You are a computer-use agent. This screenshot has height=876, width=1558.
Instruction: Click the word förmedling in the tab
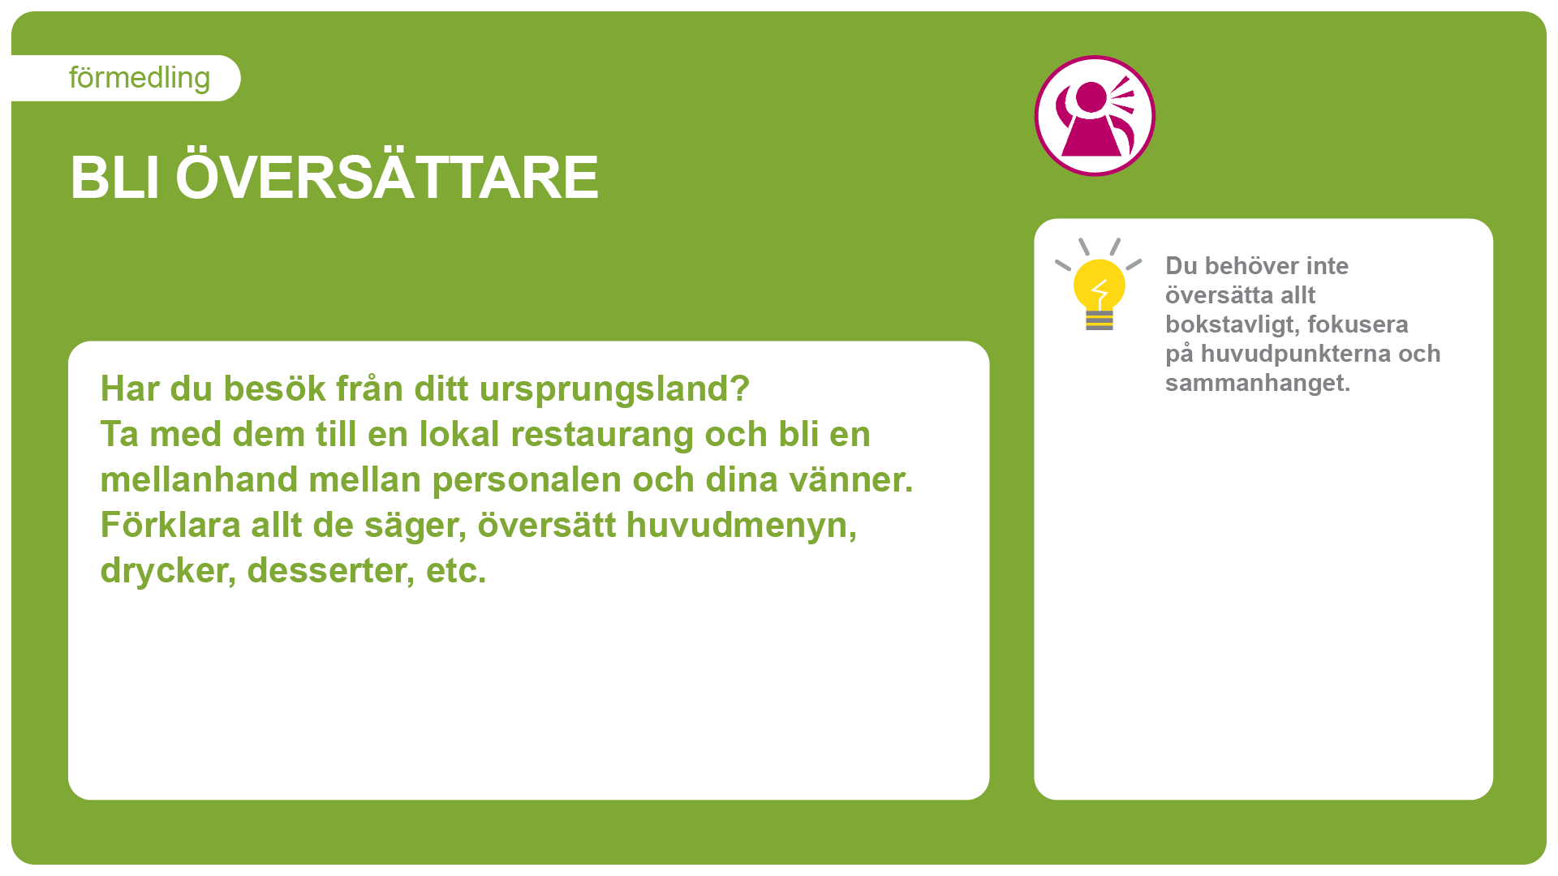pos(140,79)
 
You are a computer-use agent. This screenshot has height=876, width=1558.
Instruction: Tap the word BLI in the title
pos(114,178)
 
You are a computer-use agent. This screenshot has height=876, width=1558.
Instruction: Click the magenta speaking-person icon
pos(1095,116)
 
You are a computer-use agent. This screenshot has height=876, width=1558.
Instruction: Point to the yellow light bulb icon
pos(1099,285)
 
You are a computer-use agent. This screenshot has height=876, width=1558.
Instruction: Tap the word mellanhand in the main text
pos(199,479)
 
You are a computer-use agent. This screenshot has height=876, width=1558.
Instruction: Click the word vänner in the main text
pos(845,479)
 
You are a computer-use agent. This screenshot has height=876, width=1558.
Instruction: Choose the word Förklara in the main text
pos(170,525)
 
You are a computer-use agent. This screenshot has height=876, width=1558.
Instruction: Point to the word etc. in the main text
pos(456,571)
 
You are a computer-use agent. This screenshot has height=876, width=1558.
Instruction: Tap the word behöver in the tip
pos(1256,266)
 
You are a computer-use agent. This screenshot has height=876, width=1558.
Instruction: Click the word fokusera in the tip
pos(1358,324)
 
